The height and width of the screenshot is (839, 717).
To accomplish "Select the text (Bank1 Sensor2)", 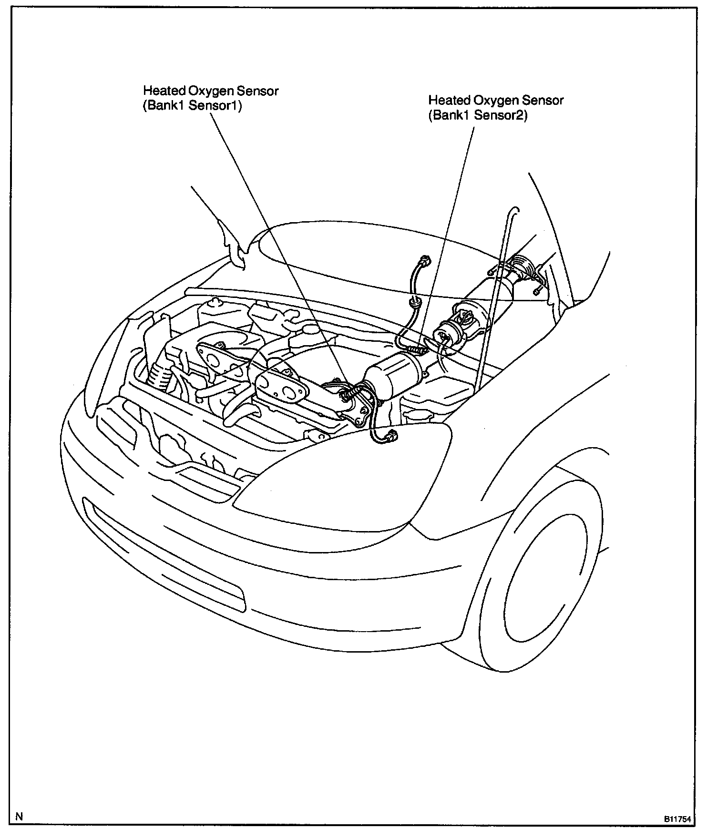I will (x=478, y=115).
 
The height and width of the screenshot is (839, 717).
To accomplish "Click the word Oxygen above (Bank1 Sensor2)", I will (x=495, y=101).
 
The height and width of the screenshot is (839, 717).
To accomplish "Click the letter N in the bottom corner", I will (x=19, y=817).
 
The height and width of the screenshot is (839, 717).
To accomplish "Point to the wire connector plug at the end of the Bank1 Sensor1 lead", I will (x=392, y=434).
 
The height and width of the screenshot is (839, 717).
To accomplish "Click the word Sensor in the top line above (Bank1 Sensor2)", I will (x=544, y=101).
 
